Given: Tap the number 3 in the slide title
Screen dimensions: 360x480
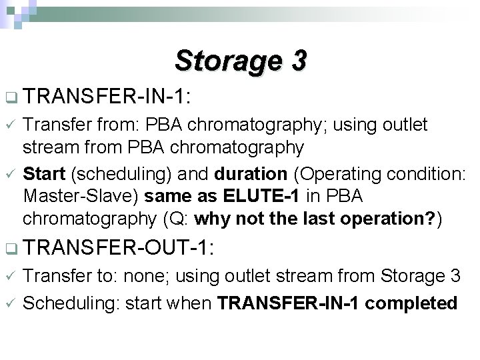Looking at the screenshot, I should (x=298, y=61).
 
